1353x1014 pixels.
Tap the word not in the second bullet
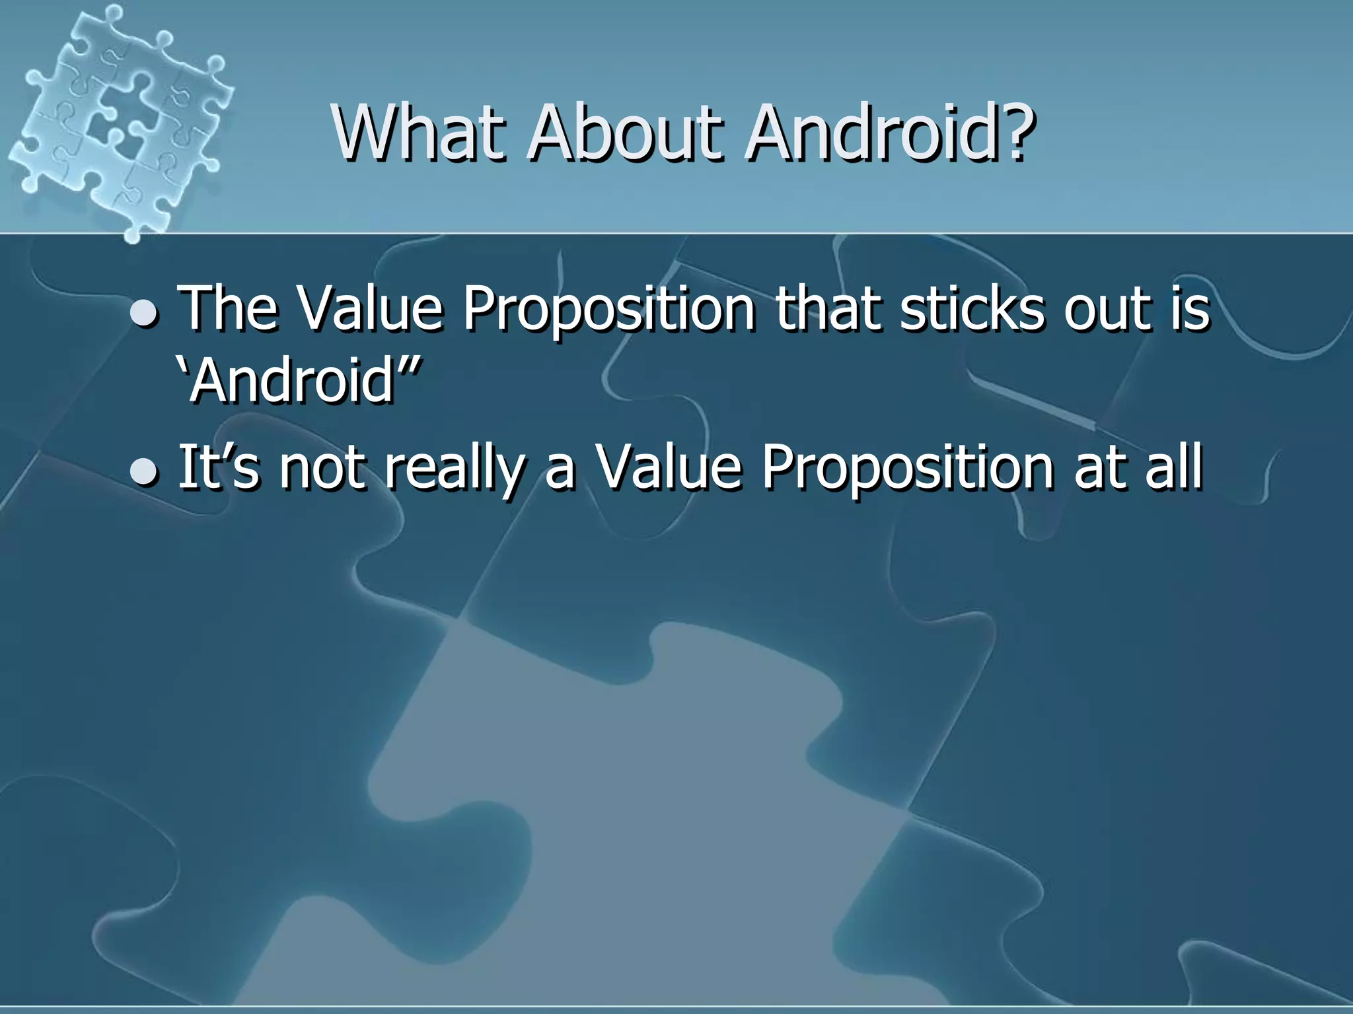click(322, 467)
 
